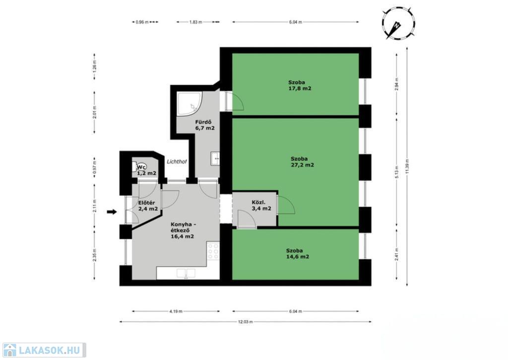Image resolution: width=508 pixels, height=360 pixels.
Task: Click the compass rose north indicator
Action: (x=399, y=24)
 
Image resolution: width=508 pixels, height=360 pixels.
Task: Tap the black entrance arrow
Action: (x=112, y=212)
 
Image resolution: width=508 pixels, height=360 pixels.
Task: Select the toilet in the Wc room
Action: (x=136, y=166)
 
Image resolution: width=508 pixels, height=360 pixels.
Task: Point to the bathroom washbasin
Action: (x=215, y=158)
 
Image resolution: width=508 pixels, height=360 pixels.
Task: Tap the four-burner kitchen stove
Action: (x=213, y=251)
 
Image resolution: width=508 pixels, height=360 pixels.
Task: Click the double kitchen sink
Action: (x=186, y=274)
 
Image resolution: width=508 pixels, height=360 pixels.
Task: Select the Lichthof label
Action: (x=177, y=161)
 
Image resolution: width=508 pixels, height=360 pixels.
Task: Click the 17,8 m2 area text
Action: (x=300, y=88)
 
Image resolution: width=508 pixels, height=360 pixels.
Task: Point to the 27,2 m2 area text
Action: (x=302, y=165)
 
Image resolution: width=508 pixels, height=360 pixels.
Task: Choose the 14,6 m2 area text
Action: (x=298, y=257)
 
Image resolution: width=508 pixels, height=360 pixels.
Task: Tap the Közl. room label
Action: (x=258, y=203)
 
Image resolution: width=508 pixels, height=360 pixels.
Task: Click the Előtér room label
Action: (x=146, y=203)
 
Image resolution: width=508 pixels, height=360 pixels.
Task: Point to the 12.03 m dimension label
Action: (x=245, y=322)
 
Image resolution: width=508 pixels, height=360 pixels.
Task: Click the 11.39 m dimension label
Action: (x=407, y=166)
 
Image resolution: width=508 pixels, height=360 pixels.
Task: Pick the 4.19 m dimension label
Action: (x=176, y=311)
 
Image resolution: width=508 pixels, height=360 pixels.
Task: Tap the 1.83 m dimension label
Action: (x=195, y=22)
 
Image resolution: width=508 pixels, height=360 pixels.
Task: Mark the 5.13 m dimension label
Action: (x=397, y=172)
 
